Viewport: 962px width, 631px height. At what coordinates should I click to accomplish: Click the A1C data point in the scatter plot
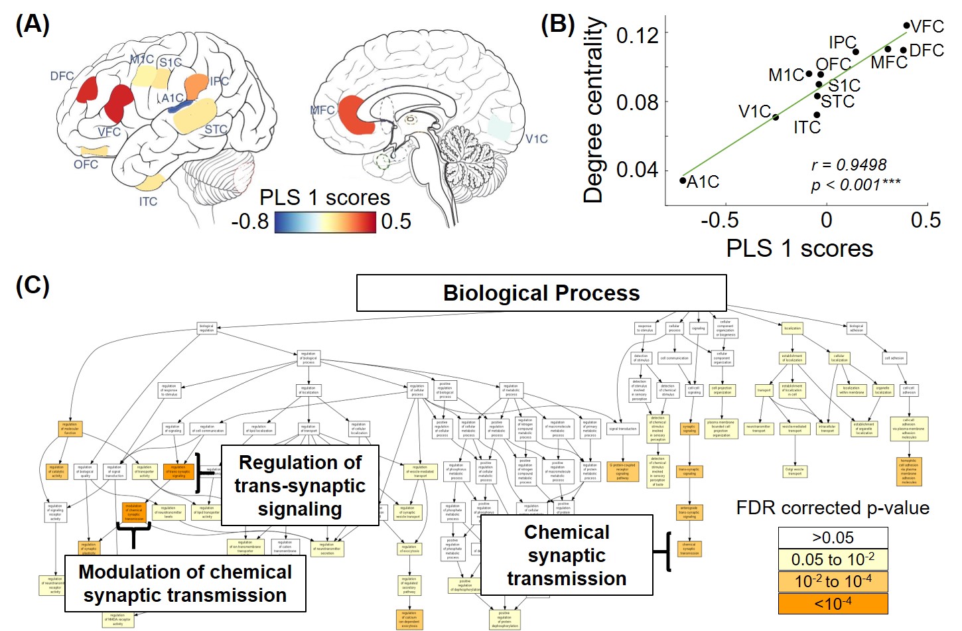click(x=683, y=180)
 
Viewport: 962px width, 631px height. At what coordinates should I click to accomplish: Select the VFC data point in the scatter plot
click(x=906, y=26)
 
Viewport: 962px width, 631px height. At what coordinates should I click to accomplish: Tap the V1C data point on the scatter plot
click(x=776, y=117)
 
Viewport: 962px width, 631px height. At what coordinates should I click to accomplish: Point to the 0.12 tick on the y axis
click(x=637, y=35)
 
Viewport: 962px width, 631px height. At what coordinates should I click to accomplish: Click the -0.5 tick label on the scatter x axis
click(x=719, y=220)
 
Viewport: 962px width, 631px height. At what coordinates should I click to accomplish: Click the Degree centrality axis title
click(x=593, y=110)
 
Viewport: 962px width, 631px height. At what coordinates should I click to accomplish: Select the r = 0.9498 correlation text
click(x=849, y=165)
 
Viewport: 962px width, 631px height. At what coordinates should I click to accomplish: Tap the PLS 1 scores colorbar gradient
click(x=324, y=222)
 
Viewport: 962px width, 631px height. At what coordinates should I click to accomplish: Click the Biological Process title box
click(x=541, y=293)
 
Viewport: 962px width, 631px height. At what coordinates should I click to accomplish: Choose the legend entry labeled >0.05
click(x=833, y=537)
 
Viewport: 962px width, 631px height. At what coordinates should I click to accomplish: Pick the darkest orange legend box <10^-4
click(x=833, y=604)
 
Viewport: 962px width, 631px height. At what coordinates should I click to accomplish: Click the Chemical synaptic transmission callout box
click(x=567, y=555)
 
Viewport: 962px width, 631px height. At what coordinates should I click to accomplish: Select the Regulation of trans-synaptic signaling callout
click(x=300, y=486)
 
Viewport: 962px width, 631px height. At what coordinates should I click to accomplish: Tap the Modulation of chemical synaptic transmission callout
click(x=185, y=583)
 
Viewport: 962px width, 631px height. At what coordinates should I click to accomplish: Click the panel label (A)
click(x=32, y=25)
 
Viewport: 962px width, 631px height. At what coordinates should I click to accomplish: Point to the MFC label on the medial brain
click(x=322, y=110)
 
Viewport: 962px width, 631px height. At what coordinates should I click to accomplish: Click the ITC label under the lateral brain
click(x=148, y=201)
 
